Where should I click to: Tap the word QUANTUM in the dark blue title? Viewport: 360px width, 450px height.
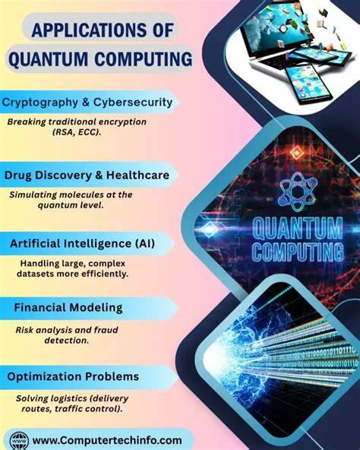pos(48,59)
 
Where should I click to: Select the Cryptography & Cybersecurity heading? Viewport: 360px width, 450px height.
pos(87,103)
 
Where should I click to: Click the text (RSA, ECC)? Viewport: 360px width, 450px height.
pos(77,132)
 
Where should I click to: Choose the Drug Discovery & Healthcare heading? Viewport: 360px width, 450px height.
pos(87,175)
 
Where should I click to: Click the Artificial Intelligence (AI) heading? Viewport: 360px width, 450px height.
pos(82,243)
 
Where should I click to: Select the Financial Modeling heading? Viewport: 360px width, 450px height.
pos(68,308)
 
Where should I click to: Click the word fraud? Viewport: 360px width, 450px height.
pos(106,330)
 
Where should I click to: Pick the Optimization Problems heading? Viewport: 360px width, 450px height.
pos(73,376)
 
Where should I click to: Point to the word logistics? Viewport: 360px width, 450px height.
pos(69,398)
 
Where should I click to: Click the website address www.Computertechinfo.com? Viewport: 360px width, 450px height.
pos(107,440)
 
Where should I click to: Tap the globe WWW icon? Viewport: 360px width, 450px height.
pos(19,441)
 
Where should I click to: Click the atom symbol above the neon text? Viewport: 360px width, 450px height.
pos(298,192)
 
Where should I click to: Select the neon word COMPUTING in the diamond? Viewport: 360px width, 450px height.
pos(298,252)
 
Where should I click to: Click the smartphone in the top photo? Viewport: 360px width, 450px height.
pos(308,84)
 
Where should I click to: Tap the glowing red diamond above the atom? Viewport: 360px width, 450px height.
pos(296,152)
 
